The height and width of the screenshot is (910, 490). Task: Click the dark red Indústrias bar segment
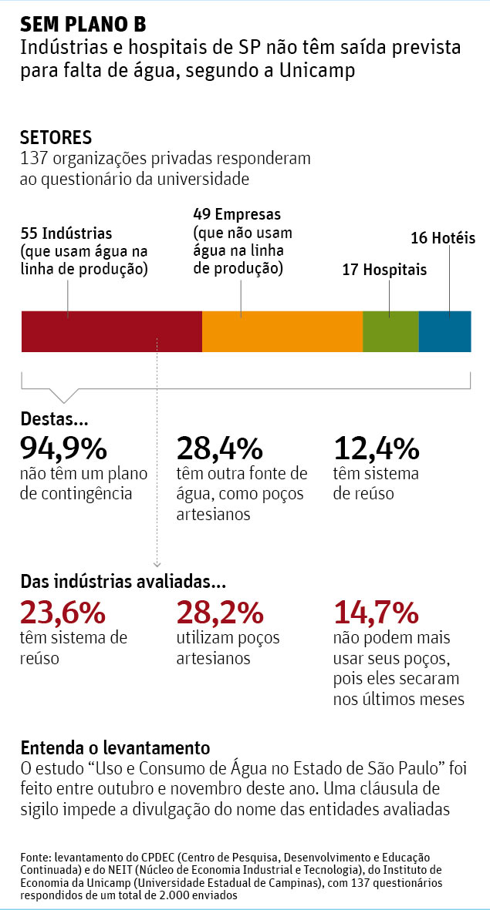tap(111, 331)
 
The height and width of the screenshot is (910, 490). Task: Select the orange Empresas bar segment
tap(282, 331)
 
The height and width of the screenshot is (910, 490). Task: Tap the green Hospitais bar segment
tap(390, 331)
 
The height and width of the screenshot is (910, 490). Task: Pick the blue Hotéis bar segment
tap(445, 331)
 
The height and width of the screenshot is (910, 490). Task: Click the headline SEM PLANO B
tap(83, 24)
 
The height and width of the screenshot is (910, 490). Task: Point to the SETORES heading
tap(56, 138)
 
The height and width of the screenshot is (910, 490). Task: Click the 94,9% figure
tap(63, 448)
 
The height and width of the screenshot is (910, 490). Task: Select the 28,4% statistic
tap(220, 448)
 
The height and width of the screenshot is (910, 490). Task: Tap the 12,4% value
tap(377, 448)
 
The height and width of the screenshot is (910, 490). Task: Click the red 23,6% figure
tap(63, 613)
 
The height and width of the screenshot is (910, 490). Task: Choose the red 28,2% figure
tap(220, 613)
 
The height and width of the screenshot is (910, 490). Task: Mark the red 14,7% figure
tap(377, 613)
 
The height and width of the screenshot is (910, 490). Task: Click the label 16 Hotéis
tap(443, 238)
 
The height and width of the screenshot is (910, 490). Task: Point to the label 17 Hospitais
tap(384, 270)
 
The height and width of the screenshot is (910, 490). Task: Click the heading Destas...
tap(54, 421)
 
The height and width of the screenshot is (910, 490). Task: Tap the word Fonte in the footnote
tap(34, 858)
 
